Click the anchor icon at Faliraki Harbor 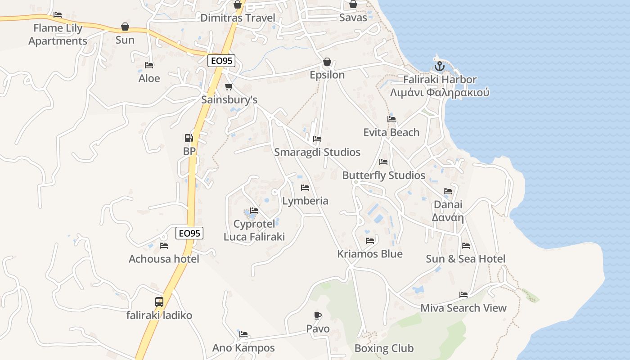(439, 67)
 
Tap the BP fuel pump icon (189, 138)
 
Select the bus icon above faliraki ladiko (159, 302)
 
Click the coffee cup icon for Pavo (318, 315)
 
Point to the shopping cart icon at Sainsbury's (229, 86)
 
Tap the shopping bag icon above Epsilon (327, 62)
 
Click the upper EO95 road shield (221, 61)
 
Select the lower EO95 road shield (189, 233)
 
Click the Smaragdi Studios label (317, 152)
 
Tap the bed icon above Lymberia (305, 187)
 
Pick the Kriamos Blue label (370, 254)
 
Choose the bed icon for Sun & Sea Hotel (466, 246)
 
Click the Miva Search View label (463, 308)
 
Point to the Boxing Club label (384, 348)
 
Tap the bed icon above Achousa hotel (164, 246)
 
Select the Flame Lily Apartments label (58, 35)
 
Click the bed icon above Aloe (149, 65)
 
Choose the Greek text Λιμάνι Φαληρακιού (440, 93)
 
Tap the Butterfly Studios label (384, 175)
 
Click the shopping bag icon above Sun (125, 27)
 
